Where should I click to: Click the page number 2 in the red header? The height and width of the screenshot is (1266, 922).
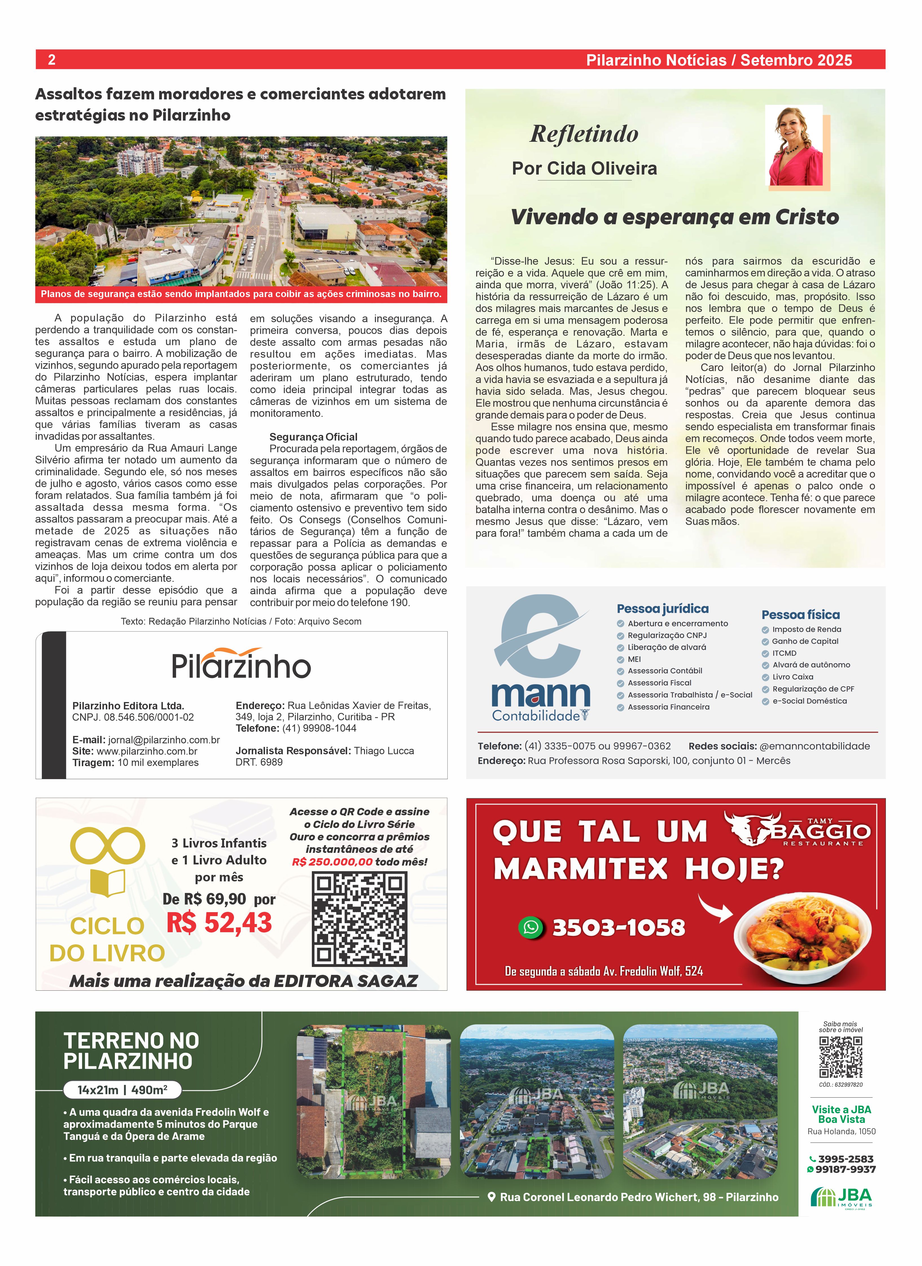coord(51,60)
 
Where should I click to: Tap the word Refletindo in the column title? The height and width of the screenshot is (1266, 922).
coord(584,134)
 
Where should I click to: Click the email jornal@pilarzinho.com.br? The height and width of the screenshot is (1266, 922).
coord(163,740)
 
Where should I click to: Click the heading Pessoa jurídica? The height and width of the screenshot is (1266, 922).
coord(662,609)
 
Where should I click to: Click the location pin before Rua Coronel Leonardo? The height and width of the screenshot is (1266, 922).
coord(492,1197)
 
